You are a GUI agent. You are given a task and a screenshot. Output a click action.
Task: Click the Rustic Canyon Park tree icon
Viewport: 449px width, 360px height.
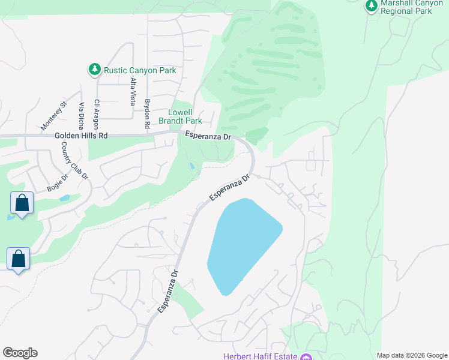94,70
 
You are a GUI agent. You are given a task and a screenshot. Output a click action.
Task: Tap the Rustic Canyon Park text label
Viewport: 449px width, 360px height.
140,71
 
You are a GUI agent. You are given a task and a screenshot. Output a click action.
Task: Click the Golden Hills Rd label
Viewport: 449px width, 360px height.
81,136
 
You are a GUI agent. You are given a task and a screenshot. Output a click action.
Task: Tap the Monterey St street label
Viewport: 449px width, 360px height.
53,116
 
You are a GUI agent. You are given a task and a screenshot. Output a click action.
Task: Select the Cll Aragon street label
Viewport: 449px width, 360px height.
95,114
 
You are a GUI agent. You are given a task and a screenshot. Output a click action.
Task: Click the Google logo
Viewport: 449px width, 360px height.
20,353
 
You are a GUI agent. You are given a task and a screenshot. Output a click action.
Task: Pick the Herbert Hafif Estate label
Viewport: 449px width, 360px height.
261,356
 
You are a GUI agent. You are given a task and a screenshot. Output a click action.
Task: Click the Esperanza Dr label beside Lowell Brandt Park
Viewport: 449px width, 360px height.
208,136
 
